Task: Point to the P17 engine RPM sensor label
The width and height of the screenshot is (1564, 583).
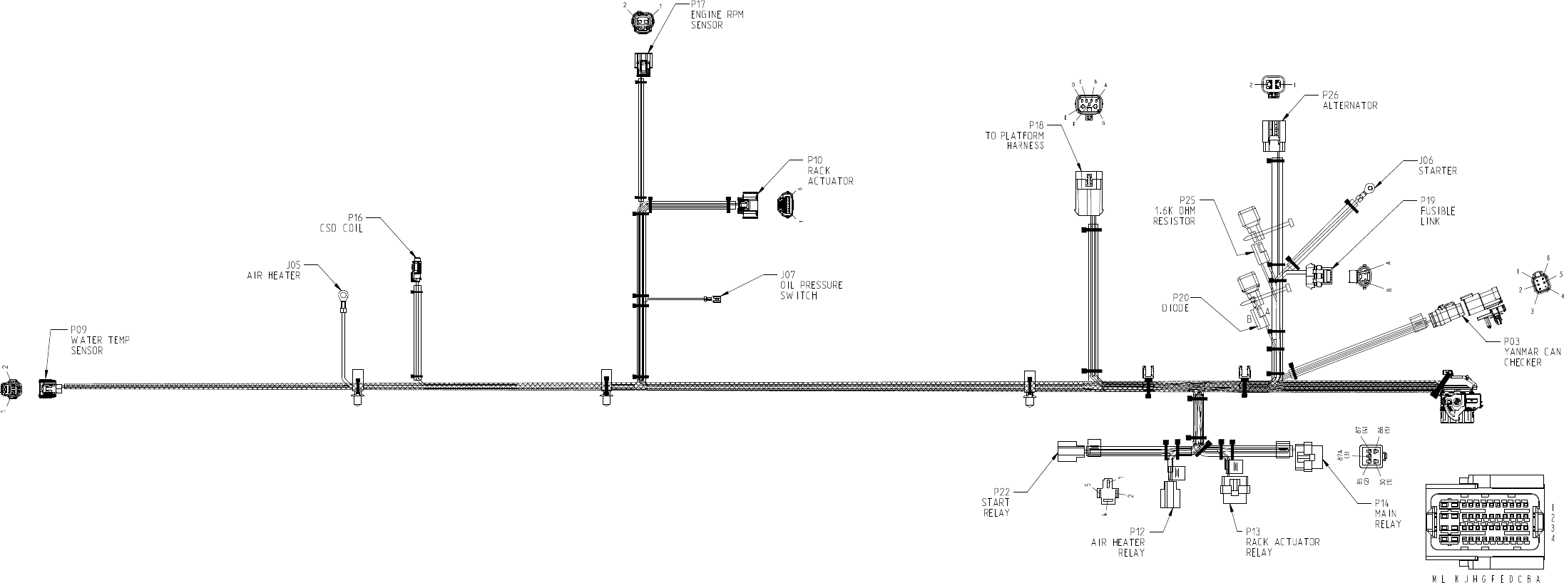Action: [x=716, y=15]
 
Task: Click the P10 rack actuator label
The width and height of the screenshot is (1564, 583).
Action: [x=830, y=170]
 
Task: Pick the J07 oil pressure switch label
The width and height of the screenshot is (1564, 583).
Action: [x=811, y=285]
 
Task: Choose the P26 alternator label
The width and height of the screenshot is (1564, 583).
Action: [x=1349, y=100]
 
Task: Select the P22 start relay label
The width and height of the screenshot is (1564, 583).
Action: [x=996, y=502]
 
